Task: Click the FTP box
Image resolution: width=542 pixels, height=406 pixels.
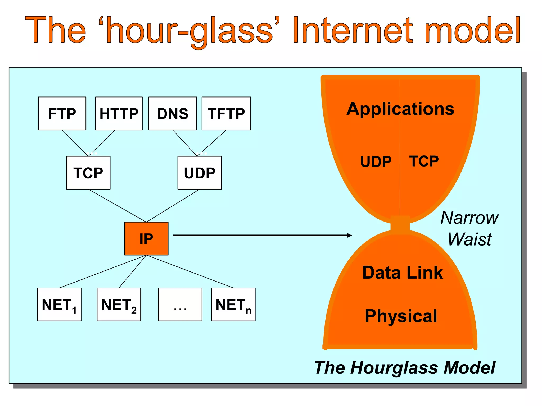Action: point(62,113)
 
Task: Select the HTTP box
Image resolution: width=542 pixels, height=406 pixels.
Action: point(119,113)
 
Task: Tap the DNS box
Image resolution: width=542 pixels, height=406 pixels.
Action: point(173,113)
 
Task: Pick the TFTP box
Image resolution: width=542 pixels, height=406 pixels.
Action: point(226,113)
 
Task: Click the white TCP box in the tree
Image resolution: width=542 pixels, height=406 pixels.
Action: point(88,173)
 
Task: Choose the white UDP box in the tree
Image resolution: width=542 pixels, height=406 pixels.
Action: point(200,173)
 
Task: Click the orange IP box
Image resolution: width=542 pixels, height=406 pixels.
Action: point(146,238)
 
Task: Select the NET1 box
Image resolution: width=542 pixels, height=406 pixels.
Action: point(59,304)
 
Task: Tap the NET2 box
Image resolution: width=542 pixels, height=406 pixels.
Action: point(119,304)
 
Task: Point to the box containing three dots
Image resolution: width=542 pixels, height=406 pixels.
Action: point(180,304)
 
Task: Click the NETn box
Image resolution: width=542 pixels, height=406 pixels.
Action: point(233,304)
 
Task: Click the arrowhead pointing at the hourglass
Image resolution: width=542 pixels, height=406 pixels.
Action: point(350,235)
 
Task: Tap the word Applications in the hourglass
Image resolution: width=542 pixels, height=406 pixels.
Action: point(400,109)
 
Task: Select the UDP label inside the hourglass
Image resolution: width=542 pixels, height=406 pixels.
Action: point(376,162)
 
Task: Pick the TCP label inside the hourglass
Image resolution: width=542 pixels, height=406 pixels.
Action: point(424,161)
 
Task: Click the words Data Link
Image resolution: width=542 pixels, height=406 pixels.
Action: point(402,273)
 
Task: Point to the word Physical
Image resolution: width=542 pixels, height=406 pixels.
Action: point(401,316)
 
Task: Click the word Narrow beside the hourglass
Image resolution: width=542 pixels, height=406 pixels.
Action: point(469,218)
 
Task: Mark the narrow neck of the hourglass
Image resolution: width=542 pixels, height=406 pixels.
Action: point(400,225)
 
